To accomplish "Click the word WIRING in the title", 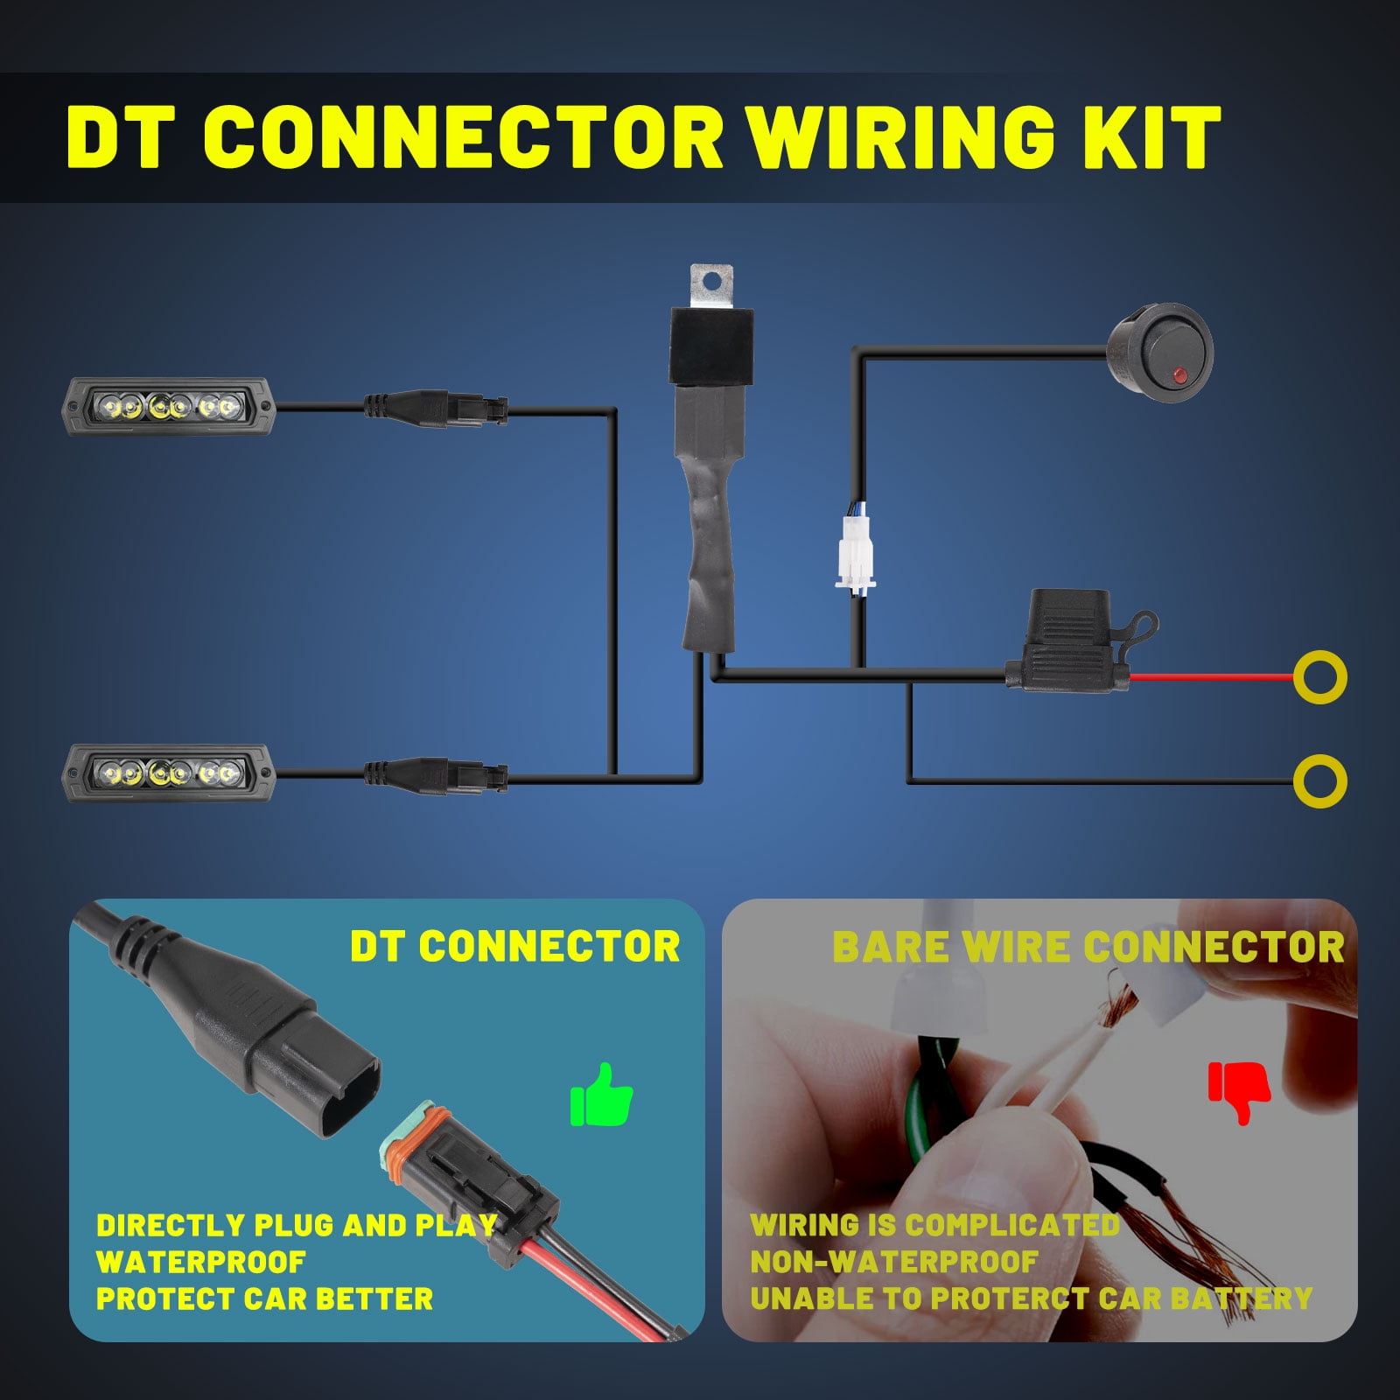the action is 901,137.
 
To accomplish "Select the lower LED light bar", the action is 171,773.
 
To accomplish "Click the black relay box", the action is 709,346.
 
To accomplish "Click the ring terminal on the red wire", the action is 1319,677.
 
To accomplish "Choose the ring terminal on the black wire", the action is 1319,780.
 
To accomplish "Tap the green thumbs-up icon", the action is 601,1095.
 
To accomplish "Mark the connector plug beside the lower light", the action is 436,774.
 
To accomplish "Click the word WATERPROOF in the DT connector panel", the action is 200,1262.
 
